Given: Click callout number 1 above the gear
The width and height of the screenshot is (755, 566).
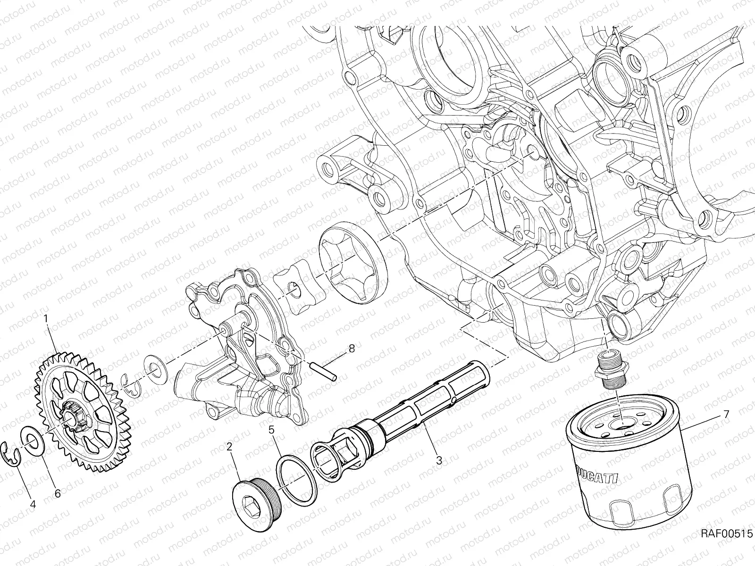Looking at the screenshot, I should tap(46, 319).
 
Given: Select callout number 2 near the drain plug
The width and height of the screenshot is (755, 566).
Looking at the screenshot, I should tap(229, 447).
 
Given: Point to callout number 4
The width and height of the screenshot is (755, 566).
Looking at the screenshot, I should tap(33, 504).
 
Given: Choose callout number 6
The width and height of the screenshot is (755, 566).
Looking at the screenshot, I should tap(58, 493).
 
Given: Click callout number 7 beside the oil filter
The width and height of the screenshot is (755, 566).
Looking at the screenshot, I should tap(726, 415).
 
